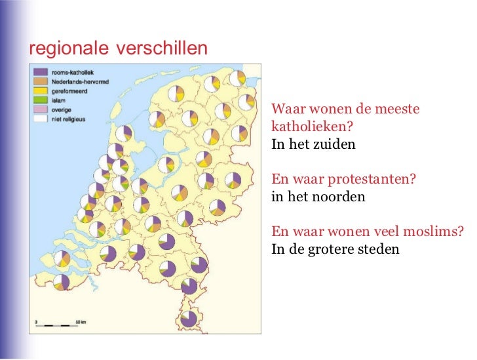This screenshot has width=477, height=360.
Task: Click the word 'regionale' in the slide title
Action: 71,49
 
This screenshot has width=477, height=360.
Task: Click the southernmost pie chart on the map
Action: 189,319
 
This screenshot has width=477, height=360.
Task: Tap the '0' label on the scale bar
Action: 36,322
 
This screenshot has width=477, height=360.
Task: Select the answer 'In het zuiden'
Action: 313,142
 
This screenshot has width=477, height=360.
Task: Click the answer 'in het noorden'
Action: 318,196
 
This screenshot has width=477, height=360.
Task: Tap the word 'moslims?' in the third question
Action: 436,231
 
